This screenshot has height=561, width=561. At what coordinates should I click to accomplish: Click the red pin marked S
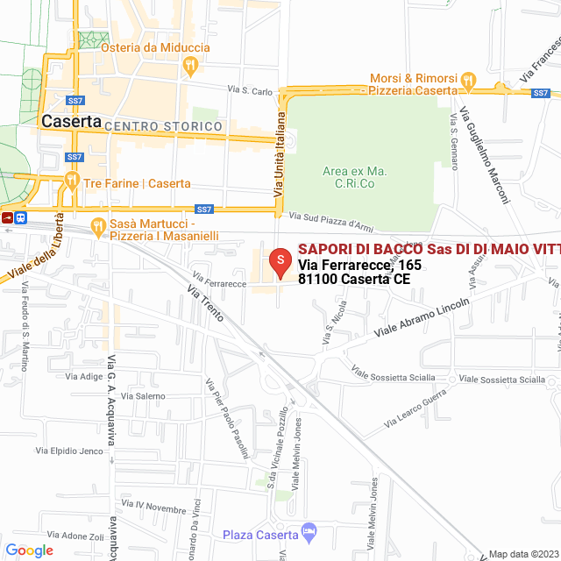click(279, 260)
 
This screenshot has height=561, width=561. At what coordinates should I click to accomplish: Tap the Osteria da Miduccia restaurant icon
click(190, 64)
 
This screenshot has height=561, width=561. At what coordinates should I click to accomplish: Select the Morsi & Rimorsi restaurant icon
click(469, 81)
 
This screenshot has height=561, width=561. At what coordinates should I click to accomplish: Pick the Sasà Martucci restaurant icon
click(98, 226)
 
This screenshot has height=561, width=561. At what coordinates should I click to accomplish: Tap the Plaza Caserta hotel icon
click(308, 531)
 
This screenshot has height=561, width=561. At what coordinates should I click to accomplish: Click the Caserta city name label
click(71, 122)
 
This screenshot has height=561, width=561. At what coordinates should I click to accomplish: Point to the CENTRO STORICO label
click(163, 127)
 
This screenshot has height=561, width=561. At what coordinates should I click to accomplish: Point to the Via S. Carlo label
click(251, 89)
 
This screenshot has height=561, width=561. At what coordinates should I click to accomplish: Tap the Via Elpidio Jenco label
click(69, 451)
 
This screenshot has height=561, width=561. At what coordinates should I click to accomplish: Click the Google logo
click(29, 550)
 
